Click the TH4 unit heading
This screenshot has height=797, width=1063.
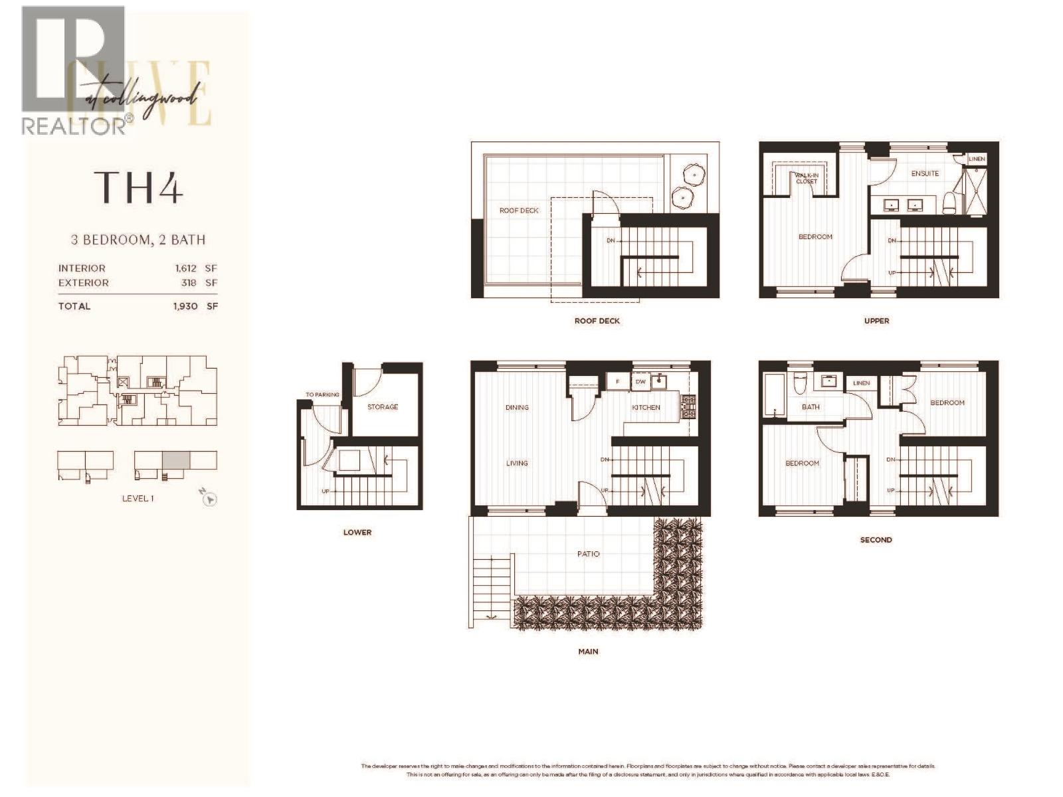pyautogui.click(x=138, y=187)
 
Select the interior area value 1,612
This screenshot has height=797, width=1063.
pyautogui.click(x=186, y=268)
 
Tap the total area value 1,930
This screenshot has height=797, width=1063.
pyautogui.click(x=186, y=306)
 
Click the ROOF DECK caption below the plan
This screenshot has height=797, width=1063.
pyautogui.click(x=597, y=321)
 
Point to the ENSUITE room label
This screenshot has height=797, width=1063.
pyautogui.click(x=925, y=173)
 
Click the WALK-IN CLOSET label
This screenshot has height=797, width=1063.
pyautogui.click(x=807, y=178)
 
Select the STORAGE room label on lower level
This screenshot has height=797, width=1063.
pyautogui.click(x=383, y=406)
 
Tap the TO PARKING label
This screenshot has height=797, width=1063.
pyautogui.click(x=322, y=395)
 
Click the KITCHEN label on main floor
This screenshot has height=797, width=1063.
pyautogui.click(x=646, y=407)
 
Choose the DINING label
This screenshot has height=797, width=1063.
pyautogui.click(x=517, y=407)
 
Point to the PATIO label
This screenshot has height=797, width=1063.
pyautogui.click(x=588, y=553)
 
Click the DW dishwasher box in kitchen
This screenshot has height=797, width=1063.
pyautogui.click(x=640, y=381)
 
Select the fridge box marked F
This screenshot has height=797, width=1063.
pyautogui.click(x=618, y=381)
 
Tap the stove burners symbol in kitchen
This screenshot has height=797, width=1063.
pyautogui.click(x=688, y=406)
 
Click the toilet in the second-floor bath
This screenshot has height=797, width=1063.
pyautogui.click(x=800, y=383)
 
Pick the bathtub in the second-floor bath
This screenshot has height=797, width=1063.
pyautogui.click(x=774, y=396)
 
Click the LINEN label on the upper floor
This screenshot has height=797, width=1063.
pyautogui.click(x=977, y=159)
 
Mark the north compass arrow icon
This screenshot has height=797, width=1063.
pyautogui.click(x=209, y=499)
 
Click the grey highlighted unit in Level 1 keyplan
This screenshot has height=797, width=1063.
pyautogui.click(x=176, y=460)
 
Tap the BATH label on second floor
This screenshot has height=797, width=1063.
pyautogui.click(x=811, y=407)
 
